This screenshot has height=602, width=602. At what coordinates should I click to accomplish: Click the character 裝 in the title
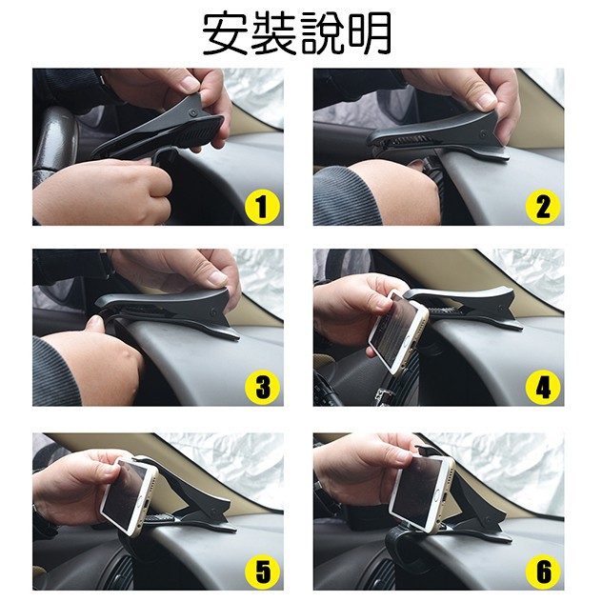click(x=273, y=34)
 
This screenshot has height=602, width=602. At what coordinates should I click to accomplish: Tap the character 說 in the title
click(x=321, y=34)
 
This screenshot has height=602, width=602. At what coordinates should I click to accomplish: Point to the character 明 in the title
click(x=369, y=34)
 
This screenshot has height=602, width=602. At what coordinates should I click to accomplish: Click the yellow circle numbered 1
click(x=262, y=207)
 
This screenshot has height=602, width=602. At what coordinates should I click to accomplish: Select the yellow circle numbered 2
click(x=543, y=207)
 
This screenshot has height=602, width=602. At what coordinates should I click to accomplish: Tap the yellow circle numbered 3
click(x=262, y=387)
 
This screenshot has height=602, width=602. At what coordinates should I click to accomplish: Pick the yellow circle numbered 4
click(x=543, y=387)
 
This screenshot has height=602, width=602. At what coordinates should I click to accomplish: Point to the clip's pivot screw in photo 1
click(x=192, y=112)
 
